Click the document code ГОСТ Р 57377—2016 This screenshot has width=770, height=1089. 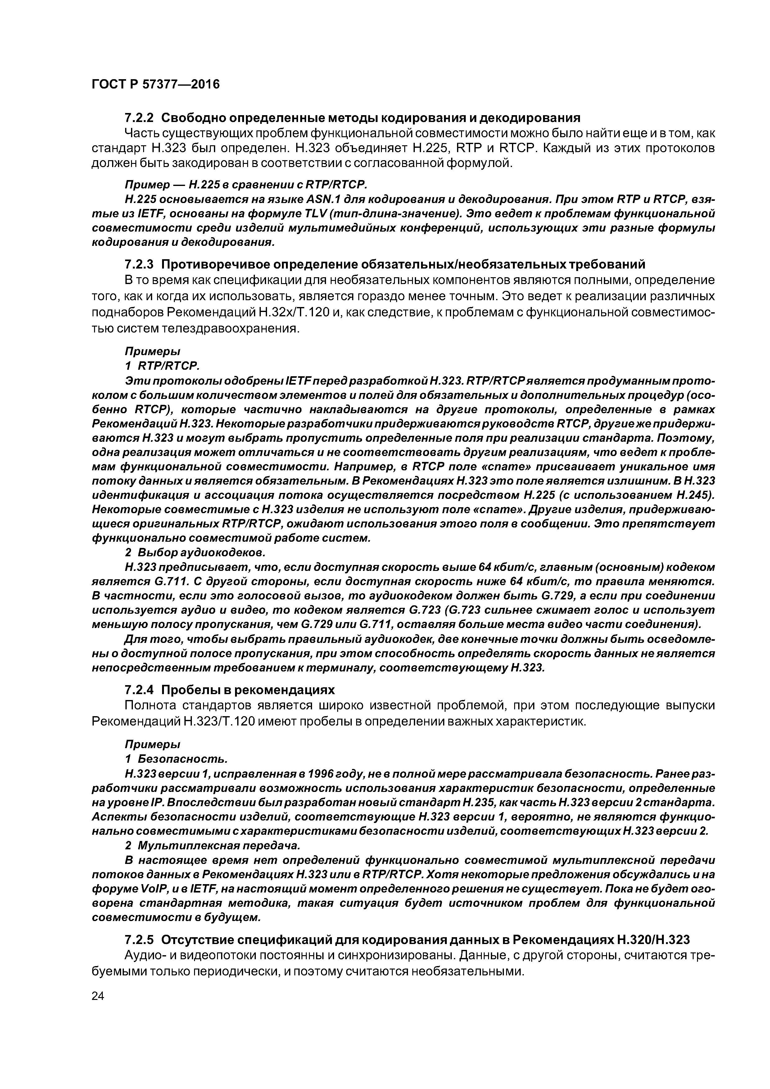coord(156,85)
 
